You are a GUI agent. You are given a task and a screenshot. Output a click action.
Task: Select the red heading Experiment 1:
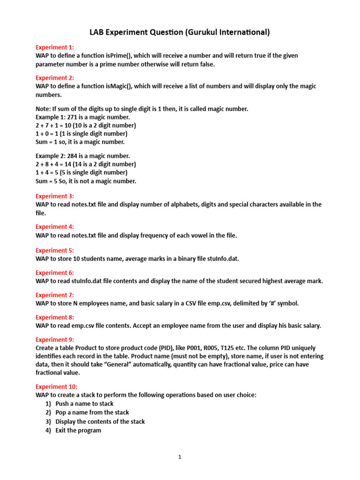click(x=55, y=47)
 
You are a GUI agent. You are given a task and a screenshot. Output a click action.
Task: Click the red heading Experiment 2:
click(x=55, y=78)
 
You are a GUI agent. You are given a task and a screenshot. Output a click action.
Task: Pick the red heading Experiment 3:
click(x=55, y=196)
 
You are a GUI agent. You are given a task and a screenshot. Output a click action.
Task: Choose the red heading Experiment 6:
click(x=55, y=273)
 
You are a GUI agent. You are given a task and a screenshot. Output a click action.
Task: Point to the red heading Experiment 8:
click(x=55, y=317)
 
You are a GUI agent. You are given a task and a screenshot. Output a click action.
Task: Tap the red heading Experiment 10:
click(x=57, y=387)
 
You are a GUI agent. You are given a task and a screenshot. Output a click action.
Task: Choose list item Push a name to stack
click(x=84, y=404)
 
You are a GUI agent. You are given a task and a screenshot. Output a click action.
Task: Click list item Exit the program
click(x=78, y=430)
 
